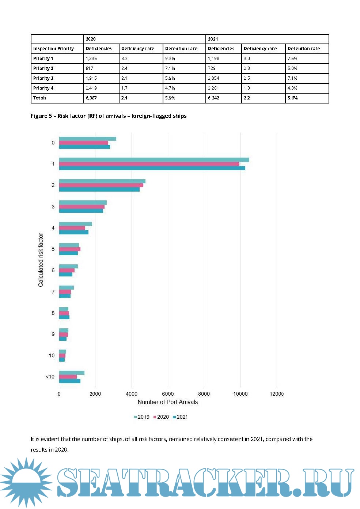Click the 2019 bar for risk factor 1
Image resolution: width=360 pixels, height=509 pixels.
[x=154, y=160]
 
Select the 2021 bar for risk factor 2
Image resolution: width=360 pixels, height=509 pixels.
[x=99, y=189]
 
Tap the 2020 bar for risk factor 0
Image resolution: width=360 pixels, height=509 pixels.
[x=83, y=143]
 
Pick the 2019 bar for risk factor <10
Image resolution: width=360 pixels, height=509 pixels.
[x=72, y=373]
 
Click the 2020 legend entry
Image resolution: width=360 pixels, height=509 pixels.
[x=161, y=417]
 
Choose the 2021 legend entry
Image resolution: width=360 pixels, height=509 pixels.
[x=180, y=417]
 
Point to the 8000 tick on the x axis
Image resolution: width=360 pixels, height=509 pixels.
[x=204, y=394]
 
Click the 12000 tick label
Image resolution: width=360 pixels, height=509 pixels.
[x=276, y=394]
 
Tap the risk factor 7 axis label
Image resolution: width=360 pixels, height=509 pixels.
[x=53, y=292]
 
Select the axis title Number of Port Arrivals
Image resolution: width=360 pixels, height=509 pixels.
[x=167, y=402]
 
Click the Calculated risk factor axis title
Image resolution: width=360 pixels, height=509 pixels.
[x=41, y=260]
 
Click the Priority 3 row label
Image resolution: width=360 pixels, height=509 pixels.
[x=43, y=78]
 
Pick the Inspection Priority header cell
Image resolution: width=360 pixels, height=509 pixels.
[x=53, y=49]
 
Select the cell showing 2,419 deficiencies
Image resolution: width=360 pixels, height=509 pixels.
[x=91, y=88]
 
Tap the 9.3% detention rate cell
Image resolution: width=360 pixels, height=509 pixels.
[x=170, y=59]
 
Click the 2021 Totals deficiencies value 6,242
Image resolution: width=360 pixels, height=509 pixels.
[x=213, y=98]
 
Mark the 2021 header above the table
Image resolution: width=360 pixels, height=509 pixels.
[x=213, y=39]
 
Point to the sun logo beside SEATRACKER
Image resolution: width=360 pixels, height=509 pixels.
[x=26, y=482]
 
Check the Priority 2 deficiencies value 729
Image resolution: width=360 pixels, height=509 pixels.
[x=212, y=68]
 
